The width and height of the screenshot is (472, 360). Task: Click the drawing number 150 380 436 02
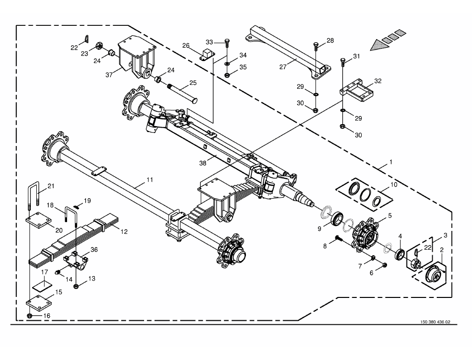[x=435, y=322]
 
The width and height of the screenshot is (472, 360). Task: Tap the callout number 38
[x=203, y=163]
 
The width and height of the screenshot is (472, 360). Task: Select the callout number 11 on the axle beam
[x=150, y=180]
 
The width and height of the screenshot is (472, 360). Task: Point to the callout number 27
[x=283, y=67]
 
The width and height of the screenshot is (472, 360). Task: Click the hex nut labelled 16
[x=30, y=315]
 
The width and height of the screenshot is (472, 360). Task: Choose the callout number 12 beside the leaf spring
[x=124, y=231]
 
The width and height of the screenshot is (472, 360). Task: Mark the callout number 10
[x=394, y=184]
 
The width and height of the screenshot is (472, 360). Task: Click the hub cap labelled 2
[x=435, y=274]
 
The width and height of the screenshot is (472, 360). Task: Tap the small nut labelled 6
[x=385, y=265]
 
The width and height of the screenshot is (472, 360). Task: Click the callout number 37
[x=109, y=74]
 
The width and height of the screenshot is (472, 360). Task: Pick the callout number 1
[x=391, y=162]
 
